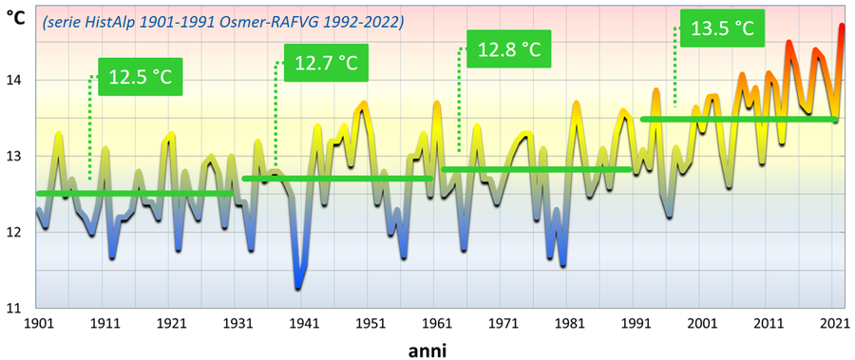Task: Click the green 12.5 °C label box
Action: (x=140, y=77)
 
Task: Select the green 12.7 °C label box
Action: (x=326, y=64)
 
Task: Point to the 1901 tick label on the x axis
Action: (x=38, y=323)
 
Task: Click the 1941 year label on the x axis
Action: (x=304, y=323)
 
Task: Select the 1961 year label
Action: (x=437, y=323)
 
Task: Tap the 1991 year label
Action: (x=636, y=323)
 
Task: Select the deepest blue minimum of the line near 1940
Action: (x=298, y=286)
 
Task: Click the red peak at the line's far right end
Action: (x=842, y=27)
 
